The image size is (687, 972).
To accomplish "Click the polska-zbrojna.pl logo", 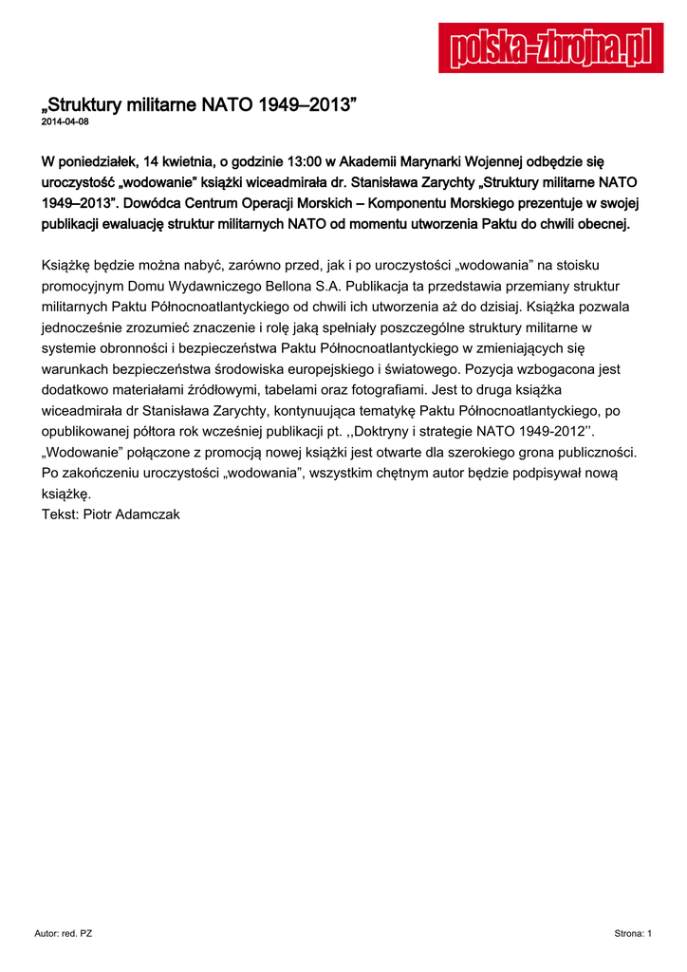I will click(550, 47).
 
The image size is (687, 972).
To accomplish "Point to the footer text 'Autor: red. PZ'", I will click(64, 934).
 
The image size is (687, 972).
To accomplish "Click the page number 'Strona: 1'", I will click(633, 934).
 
